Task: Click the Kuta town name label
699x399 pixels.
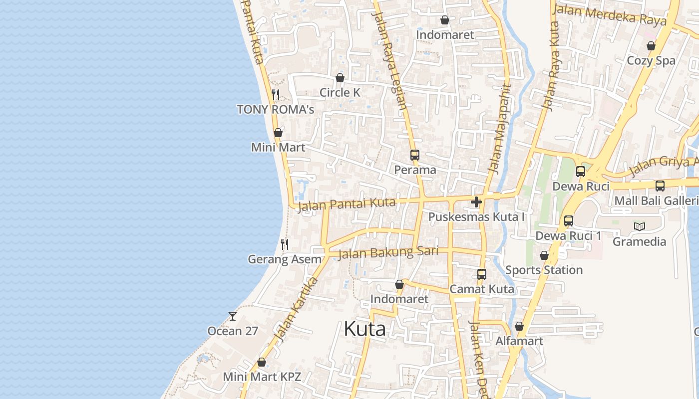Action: click(x=364, y=329)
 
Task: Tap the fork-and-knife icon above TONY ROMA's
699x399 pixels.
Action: click(x=275, y=94)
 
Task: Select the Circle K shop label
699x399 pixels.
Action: click(x=340, y=92)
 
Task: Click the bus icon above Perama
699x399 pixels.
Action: click(x=414, y=155)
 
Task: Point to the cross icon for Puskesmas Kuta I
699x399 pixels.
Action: click(x=476, y=202)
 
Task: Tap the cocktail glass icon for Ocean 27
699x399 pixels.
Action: click(x=233, y=316)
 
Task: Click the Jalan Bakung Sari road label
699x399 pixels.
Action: click(x=388, y=253)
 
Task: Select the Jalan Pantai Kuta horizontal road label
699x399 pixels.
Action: click(x=347, y=204)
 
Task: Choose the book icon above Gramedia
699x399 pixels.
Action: click(x=639, y=227)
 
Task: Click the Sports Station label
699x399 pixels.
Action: click(x=544, y=270)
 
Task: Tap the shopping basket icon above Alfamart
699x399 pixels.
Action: click(x=519, y=326)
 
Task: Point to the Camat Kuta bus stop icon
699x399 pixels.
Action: click(x=481, y=274)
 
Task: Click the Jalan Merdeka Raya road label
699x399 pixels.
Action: click(x=610, y=15)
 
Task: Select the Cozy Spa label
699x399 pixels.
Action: click(x=651, y=60)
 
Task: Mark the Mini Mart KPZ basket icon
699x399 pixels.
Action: click(x=262, y=362)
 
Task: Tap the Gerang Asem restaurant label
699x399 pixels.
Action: click(x=285, y=259)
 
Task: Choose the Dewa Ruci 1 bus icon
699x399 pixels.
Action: click(x=568, y=221)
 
